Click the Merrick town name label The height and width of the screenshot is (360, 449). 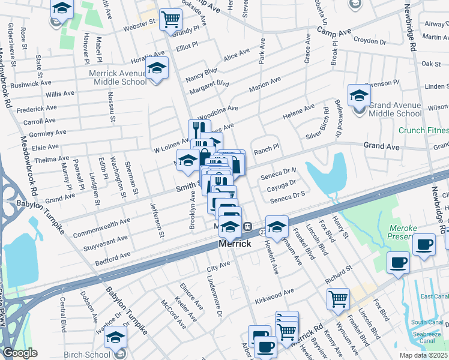click(231, 245)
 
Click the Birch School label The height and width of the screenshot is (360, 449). click(88, 355)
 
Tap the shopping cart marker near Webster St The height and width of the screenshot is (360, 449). click(170, 20)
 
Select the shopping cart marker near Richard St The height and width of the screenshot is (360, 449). click(339, 298)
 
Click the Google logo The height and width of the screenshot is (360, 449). click(20, 353)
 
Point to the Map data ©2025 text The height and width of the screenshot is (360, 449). click(423, 355)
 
